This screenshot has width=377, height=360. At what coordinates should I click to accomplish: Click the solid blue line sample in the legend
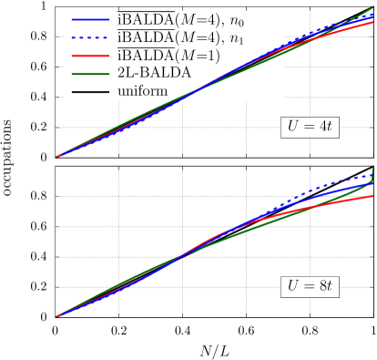90,19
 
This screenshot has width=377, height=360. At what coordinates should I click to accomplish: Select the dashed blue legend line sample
90,37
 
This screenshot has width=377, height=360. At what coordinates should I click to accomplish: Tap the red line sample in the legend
90,56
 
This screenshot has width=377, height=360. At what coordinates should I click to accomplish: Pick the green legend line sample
90,74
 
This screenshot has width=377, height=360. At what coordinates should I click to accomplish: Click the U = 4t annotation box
310,127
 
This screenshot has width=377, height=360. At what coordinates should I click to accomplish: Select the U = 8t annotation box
310,286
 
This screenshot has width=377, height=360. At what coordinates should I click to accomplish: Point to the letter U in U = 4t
292,127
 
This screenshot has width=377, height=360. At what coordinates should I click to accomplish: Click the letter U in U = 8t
292,286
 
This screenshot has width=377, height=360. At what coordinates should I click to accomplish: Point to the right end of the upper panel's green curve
372,8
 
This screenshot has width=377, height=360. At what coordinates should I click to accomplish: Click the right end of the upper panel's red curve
372,23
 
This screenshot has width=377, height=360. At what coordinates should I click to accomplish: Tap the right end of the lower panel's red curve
372,196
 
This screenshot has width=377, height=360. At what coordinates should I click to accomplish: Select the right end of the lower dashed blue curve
372,174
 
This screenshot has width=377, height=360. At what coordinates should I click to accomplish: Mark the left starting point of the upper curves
58,157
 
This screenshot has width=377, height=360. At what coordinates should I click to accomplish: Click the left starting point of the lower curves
58,316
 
